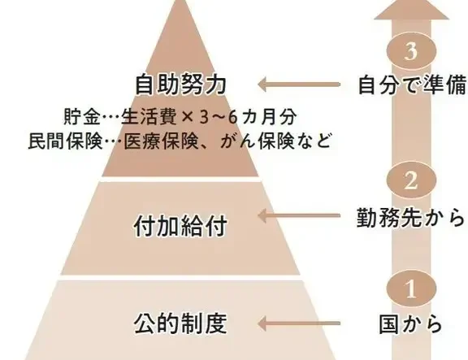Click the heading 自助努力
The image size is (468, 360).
pyautogui.click(x=180, y=85)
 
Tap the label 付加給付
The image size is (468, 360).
pyautogui.click(x=180, y=226)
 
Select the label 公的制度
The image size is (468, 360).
pyautogui.click(x=180, y=323)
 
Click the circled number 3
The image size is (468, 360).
pyautogui.click(x=411, y=51)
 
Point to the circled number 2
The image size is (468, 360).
pyautogui.click(x=411, y=180)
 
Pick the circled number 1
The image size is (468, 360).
pyautogui.click(x=411, y=288)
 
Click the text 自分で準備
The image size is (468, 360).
pyautogui.click(x=412, y=85)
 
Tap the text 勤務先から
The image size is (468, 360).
pyautogui.click(x=410, y=217)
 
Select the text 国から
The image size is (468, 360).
pyautogui.click(x=410, y=324)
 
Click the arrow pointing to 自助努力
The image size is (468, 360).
pyautogui.click(x=299, y=85)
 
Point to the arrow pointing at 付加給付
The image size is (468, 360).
pyautogui.click(x=299, y=215)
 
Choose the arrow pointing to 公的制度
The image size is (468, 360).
pyautogui.click(x=299, y=323)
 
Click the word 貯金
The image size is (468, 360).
pyautogui.click(x=82, y=117)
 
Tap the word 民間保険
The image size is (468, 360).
pyautogui.click(x=65, y=141)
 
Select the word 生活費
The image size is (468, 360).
pyautogui.click(x=149, y=117)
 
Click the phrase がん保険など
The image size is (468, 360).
pyautogui.click(x=275, y=141)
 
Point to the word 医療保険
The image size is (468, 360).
pyautogui.click(x=161, y=141)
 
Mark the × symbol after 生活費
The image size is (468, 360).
pyautogui.click(x=188, y=117)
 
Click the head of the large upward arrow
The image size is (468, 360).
pyautogui.click(x=412, y=10)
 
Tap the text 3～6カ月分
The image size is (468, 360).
pyautogui.click(x=248, y=117)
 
